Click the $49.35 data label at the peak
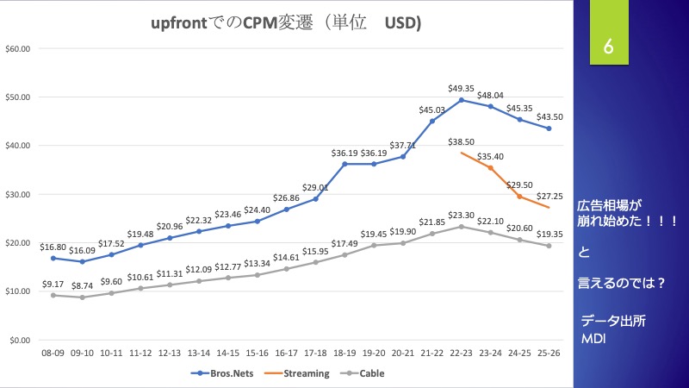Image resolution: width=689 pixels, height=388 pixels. (x=462, y=88)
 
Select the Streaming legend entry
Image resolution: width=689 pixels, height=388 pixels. (x=305, y=373)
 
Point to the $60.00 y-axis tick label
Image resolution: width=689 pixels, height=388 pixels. (x=18, y=48)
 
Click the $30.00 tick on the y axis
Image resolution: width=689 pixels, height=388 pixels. (x=18, y=194)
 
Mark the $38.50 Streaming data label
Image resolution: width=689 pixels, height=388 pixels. (x=462, y=141)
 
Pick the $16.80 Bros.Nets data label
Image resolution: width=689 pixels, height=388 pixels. (x=53, y=246)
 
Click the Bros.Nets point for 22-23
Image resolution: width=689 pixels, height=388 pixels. (x=462, y=100)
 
